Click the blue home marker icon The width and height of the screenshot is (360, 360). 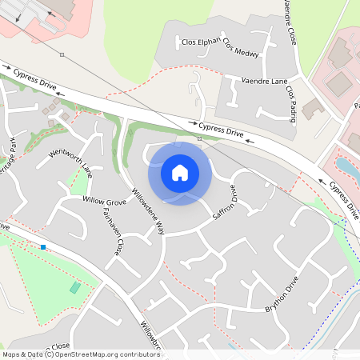[180, 172]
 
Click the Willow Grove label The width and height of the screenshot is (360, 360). [105, 199]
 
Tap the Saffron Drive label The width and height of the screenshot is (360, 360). [224, 203]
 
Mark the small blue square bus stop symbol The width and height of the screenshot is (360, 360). [43, 246]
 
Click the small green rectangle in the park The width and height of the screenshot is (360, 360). [75, 287]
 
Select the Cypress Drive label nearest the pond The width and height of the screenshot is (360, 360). [342, 198]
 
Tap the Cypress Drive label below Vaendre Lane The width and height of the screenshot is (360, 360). [220, 128]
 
